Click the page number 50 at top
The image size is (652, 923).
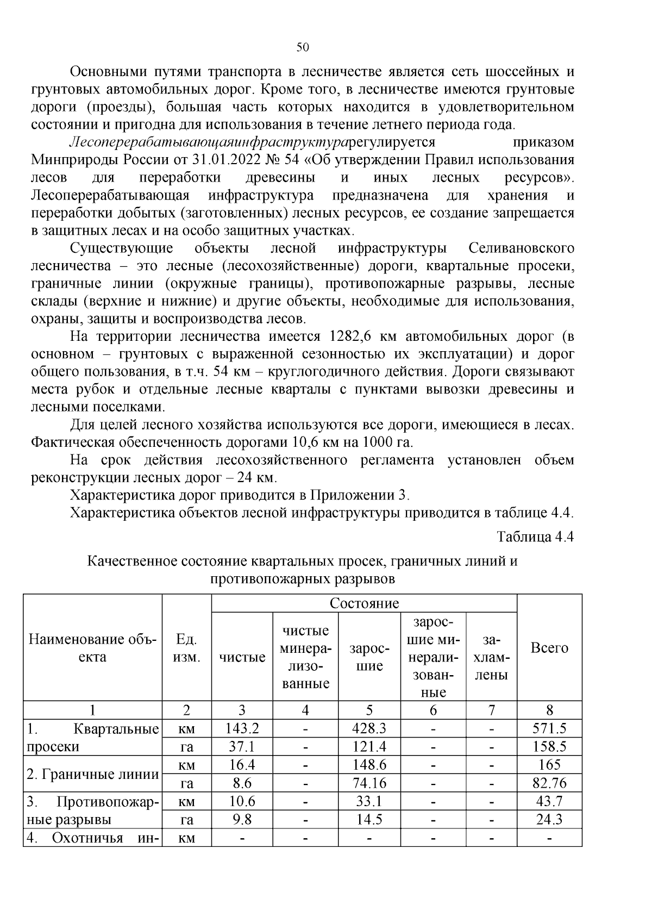pos(303,47)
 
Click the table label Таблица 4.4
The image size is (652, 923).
pos(535,537)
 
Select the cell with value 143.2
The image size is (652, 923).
pos(242,728)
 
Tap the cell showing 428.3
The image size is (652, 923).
pos(369,728)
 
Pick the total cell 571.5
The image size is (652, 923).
pos(549,728)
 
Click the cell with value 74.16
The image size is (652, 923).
pos(369,783)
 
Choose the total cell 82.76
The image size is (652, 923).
pos(549,783)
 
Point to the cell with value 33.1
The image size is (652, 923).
pos(369,801)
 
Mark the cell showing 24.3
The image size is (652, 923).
pos(549,820)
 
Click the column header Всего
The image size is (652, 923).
pos(549,648)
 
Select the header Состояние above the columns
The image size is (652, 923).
pos(364,603)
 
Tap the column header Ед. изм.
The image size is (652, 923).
pos(186,648)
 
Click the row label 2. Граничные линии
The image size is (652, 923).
pos(92,774)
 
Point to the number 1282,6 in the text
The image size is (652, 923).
pos(350,336)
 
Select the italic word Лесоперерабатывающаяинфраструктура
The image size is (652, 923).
pos(209,142)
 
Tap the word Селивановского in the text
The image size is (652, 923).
pos(521,248)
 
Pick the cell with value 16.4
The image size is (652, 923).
pos(242,765)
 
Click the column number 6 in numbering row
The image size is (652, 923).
pos(433,710)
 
